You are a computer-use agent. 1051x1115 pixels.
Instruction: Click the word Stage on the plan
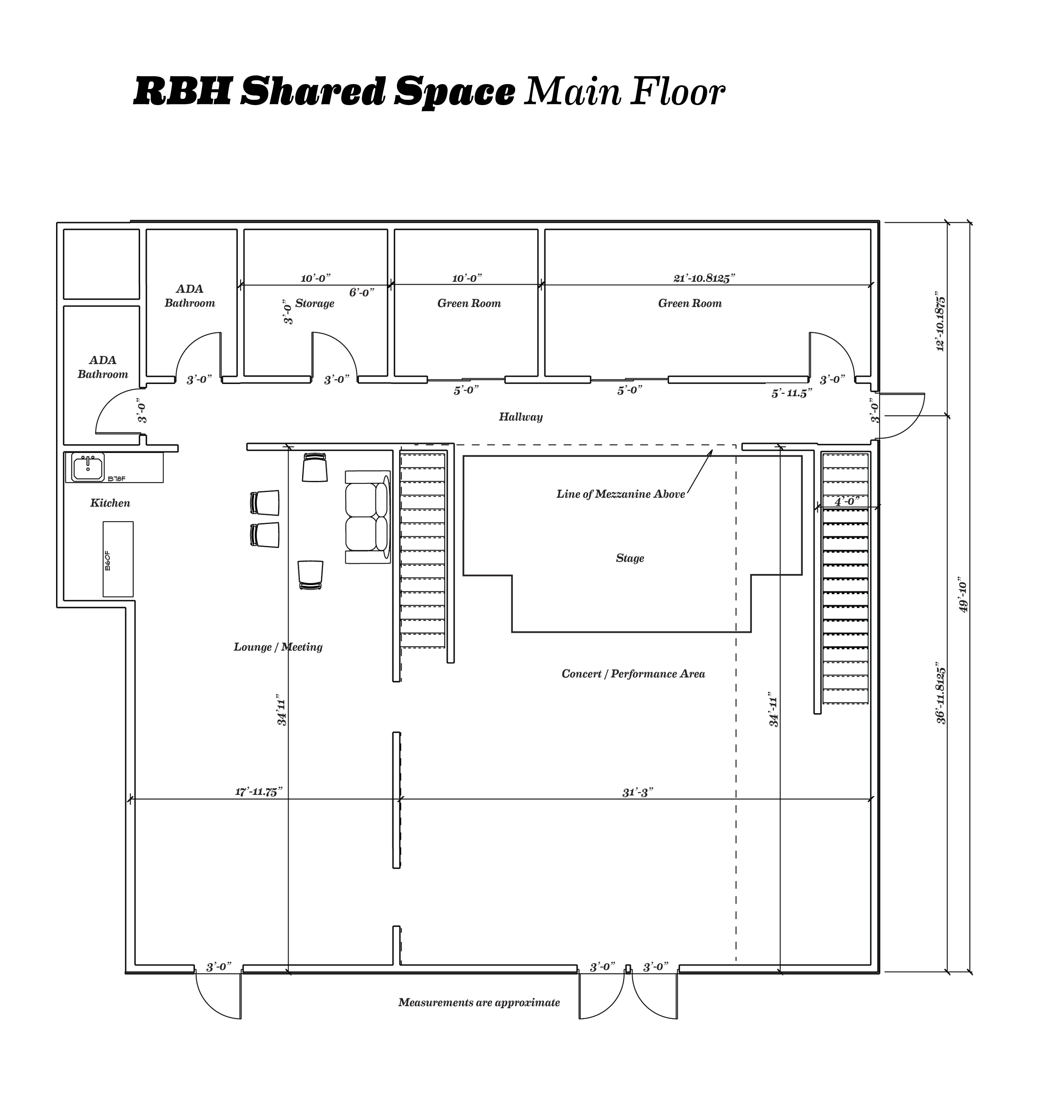(x=630, y=559)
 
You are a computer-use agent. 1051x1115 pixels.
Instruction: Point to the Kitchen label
(x=110, y=503)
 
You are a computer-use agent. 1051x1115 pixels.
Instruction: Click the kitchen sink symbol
(x=87, y=466)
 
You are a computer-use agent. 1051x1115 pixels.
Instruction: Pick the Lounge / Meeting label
(x=278, y=647)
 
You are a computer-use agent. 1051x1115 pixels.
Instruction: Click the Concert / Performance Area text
(x=633, y=674)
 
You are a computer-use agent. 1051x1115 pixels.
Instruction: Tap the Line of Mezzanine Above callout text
(x=621, y=494)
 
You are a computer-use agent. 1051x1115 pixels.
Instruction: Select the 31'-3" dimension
(x=638, y=792)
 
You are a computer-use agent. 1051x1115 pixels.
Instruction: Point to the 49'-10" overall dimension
(x=964, y=595)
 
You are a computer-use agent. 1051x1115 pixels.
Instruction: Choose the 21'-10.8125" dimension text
(x=704, y=278)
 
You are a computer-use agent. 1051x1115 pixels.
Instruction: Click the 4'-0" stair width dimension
(x=847, y=501)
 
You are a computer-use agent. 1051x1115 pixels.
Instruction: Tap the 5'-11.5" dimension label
(x=791, y=394)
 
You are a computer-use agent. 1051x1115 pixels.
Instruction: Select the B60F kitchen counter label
(x=108, y=560)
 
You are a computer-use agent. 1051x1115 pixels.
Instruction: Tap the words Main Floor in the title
(x=624, y=91)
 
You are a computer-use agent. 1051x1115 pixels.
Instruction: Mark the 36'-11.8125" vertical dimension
(x=941, y=696)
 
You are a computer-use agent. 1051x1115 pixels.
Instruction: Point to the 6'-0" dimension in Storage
(x=361, y=293)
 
